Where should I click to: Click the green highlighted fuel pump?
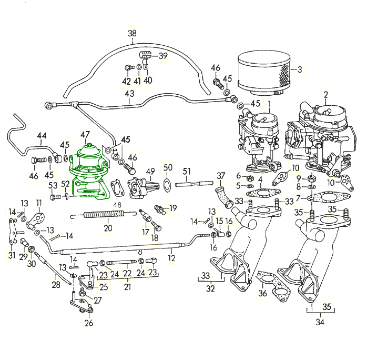click(x=88, y=171)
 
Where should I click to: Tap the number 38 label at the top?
click(x=132, y=34)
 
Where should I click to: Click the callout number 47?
click(x=85, y=135)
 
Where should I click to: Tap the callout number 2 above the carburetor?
click(x=325, y=95)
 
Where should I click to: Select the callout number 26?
click(x=89, y=323)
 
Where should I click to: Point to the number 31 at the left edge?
click(x=12, y=255)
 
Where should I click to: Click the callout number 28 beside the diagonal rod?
click(x=56, y=285)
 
